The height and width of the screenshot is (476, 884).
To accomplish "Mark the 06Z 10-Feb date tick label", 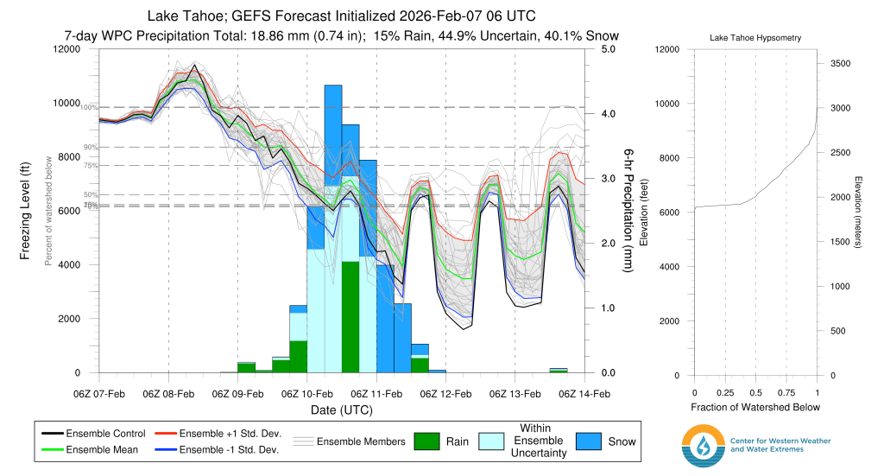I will click(x=307, y=394).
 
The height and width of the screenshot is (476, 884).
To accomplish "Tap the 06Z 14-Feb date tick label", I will click(x=585, y=394).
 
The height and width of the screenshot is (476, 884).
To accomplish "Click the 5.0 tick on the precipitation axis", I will click(x=608, y=49).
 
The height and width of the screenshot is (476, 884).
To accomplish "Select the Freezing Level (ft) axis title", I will click(x=26, y=211).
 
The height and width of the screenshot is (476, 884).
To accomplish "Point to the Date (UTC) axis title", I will click(x=342, y=409).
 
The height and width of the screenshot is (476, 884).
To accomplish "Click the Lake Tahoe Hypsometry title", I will click(x=755, y=39).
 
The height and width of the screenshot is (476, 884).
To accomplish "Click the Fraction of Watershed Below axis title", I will click(x=755, y=407).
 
